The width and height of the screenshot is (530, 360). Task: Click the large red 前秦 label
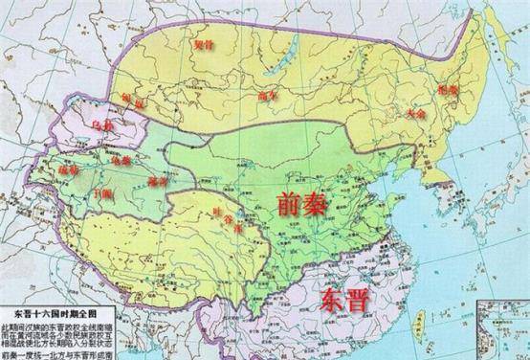pyautogui.click(x=307, y=202)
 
